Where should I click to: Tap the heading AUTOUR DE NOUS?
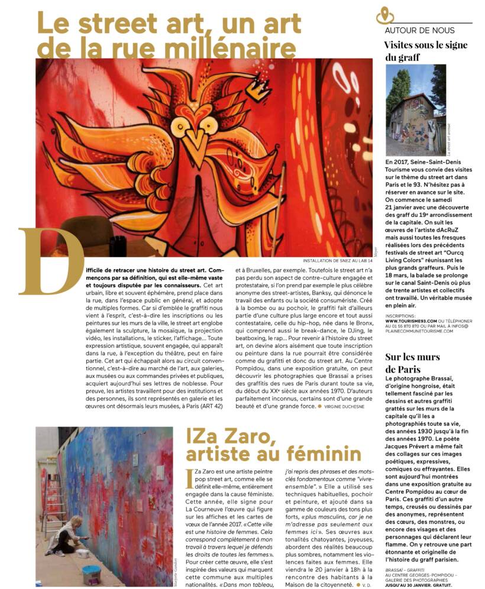[x=419, y=30]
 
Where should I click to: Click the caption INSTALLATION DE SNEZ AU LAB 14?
[x=337, y=260]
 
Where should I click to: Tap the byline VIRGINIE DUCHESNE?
[x=348, y=406]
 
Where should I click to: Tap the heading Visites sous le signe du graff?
[x=425, y=51]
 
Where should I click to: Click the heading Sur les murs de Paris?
[x=412, y=363]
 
